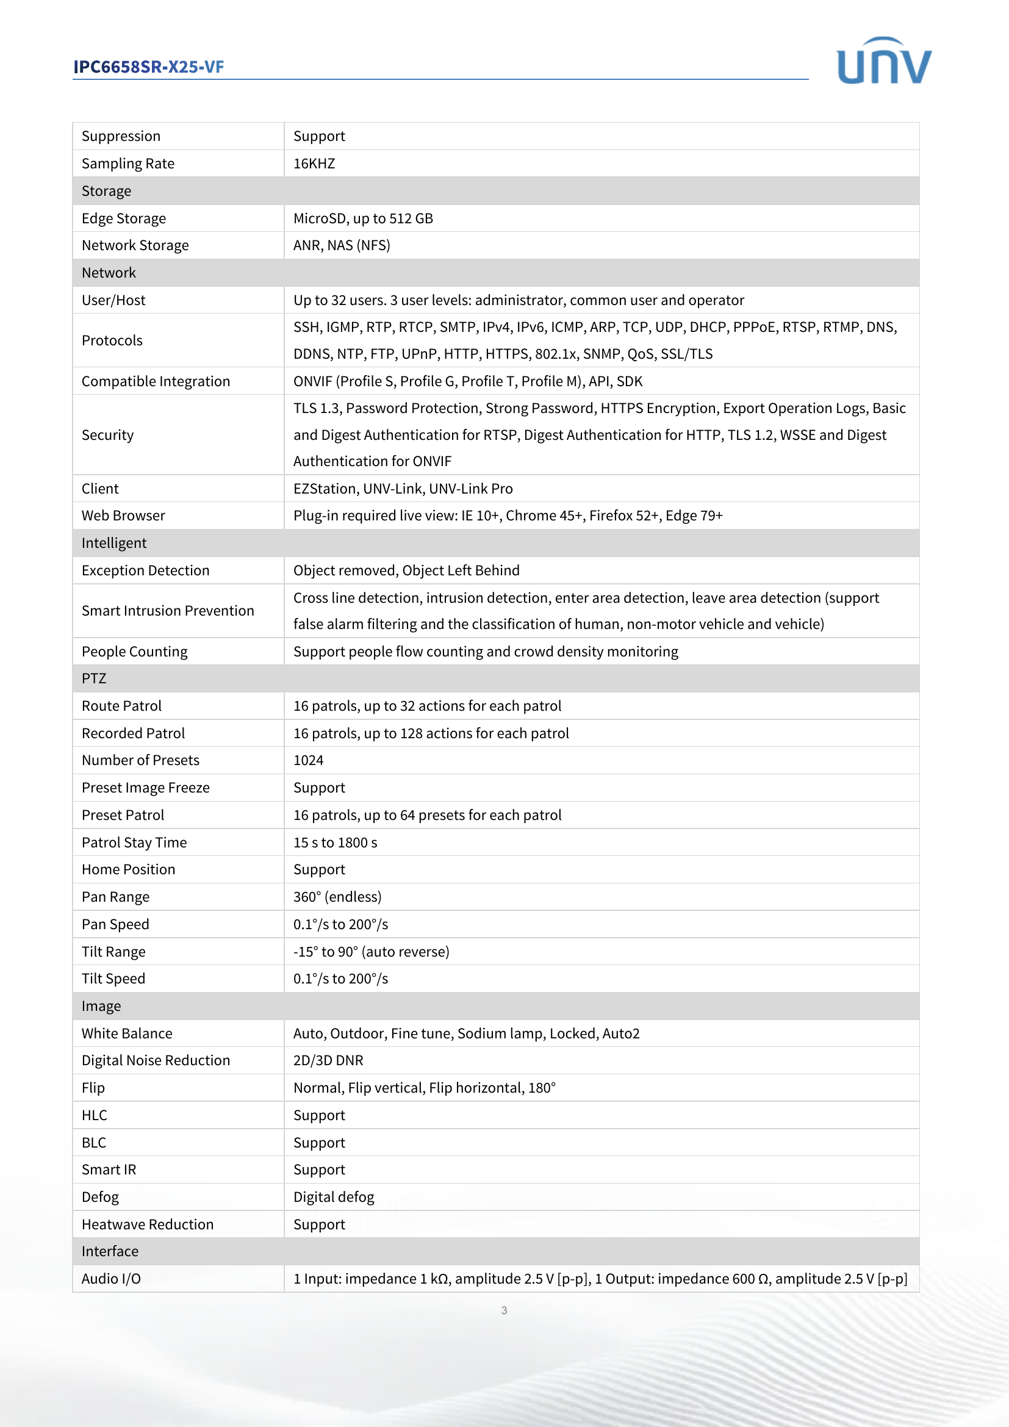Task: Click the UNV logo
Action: coord(883,62)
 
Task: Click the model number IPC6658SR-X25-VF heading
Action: coord(148,66)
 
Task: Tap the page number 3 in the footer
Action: coord(504,1310)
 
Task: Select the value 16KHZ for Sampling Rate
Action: coord(314,164)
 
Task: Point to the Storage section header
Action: coord(106,191)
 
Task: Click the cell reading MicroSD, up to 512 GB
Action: coord(363,218)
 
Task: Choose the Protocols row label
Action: coord(112,340)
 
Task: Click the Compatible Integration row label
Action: coord(156,381)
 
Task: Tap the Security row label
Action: coord(107,435)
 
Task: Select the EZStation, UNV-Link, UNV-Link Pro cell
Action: coord(403,489)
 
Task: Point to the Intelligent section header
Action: coord(113,543)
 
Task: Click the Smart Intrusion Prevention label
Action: coord(168,611)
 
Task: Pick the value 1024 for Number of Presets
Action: coord(308,760)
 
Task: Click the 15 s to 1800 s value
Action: coord(335,842)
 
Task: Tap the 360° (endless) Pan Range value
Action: coord(337,897)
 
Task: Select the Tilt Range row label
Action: coord(113,952)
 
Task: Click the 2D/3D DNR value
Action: coord(328,1060)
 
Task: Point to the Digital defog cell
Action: coord(334,1197)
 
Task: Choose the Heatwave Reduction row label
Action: coord(147,1224)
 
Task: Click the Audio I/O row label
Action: coord(111,1279)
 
